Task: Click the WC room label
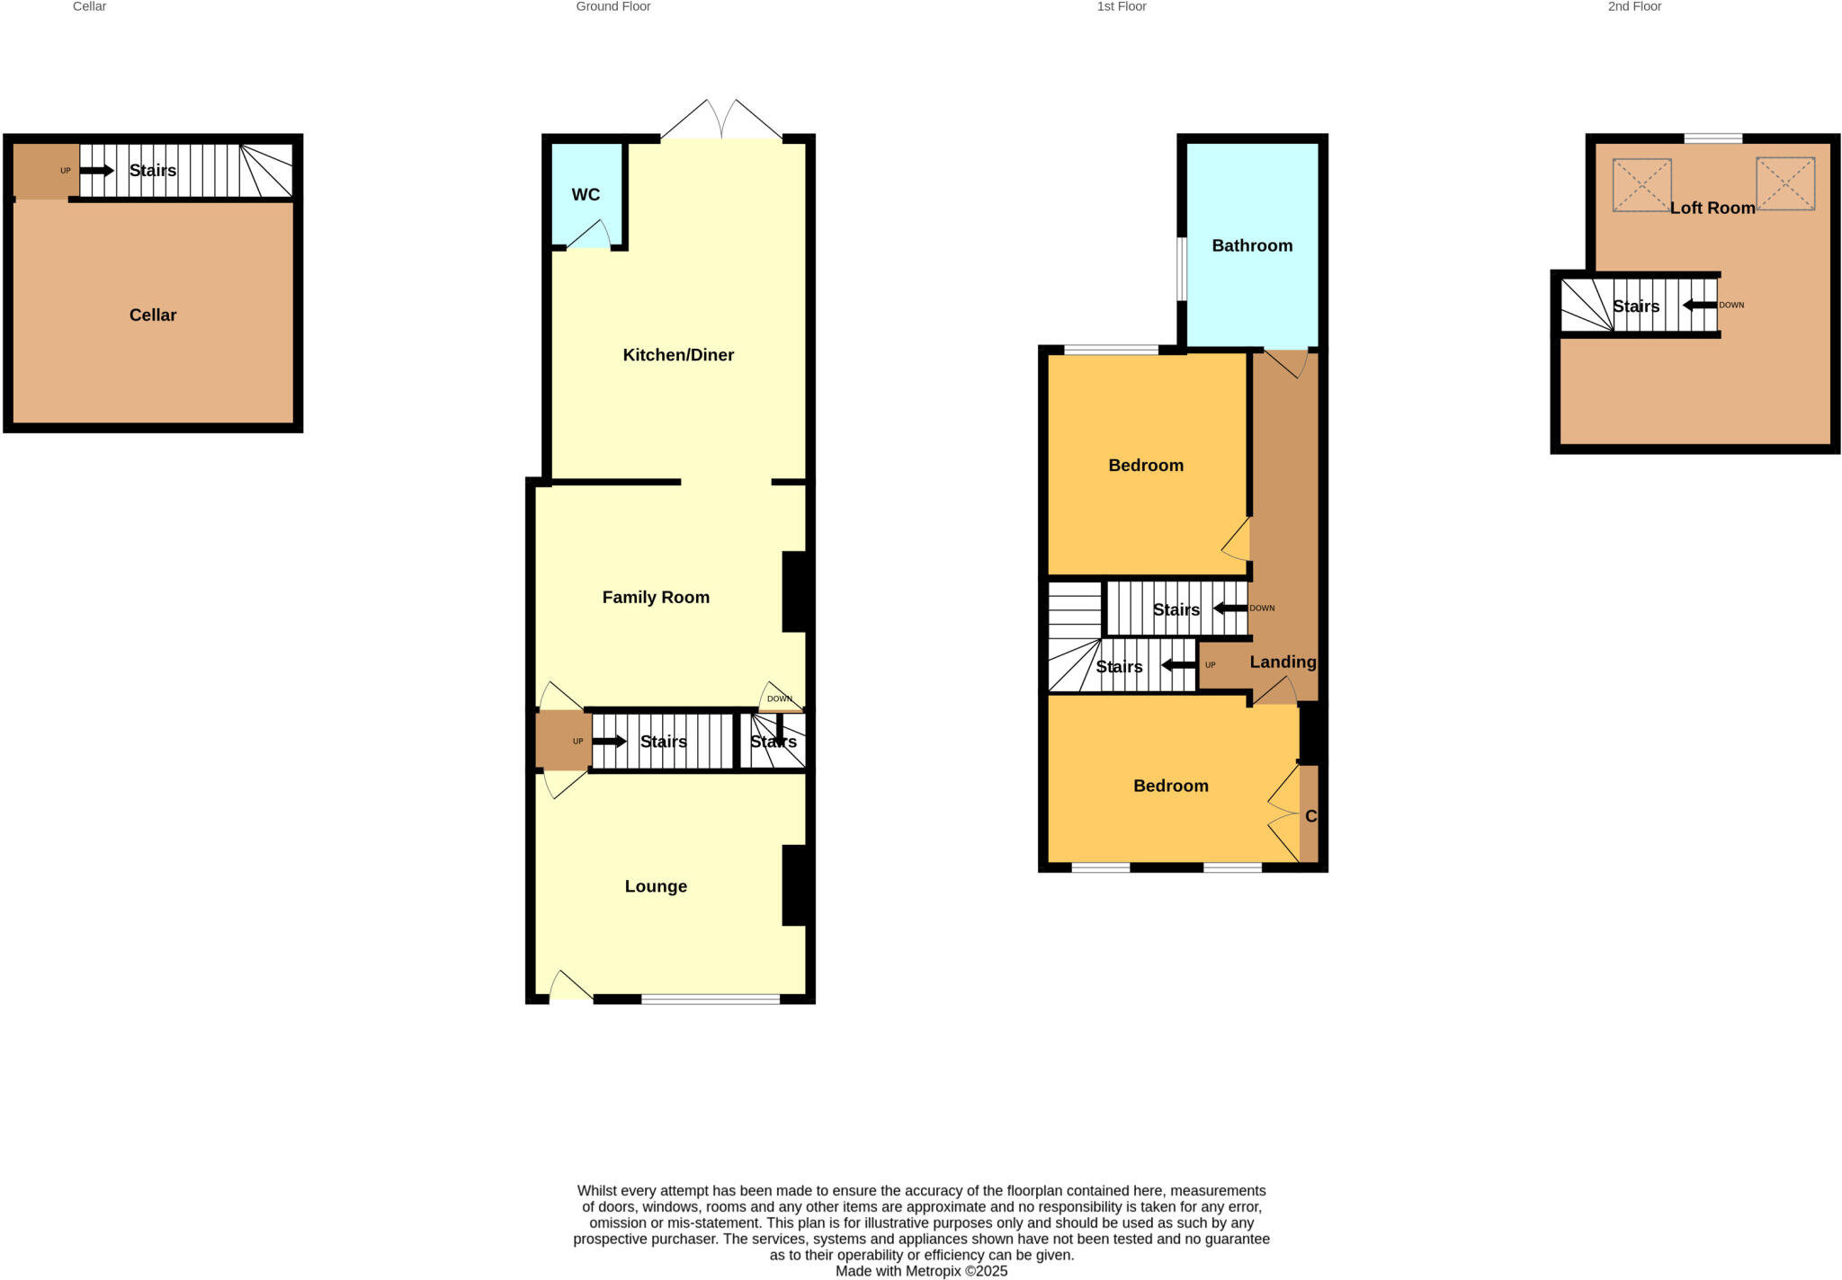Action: click(586, 195)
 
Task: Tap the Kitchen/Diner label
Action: click(678, 355)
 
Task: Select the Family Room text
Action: click(656, 598)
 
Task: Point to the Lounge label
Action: click(656, 886)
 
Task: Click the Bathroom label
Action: click(1252, 246)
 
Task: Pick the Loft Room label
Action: click(1712, 208)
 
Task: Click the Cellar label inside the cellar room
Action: click(153, 316)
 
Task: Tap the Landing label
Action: click(1283, 662)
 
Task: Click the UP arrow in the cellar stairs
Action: click(97, 171)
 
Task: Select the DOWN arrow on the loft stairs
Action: click(1699, 306)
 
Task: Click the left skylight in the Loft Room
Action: click(1641, 185)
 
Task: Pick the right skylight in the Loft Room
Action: click(1785, 184)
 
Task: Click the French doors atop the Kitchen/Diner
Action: click(722, 121)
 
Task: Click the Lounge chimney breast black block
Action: click(795, 885)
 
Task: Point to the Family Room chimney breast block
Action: click(795, 591)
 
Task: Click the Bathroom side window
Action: click(1182, 269)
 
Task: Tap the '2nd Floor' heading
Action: click(1634, 7)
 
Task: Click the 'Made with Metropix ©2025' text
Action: click(921, 1271)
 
